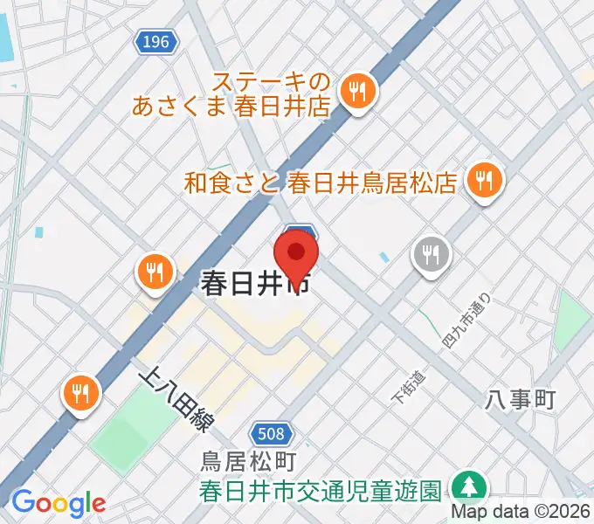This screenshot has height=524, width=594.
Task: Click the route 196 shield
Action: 157,40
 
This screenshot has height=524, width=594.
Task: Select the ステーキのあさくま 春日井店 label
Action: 233,95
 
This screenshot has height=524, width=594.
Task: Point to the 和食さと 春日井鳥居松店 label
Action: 321,183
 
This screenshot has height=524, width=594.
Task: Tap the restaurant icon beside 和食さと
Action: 482,182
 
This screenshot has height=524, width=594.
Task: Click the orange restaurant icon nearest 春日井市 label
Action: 155,271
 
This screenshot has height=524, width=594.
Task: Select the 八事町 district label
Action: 520,401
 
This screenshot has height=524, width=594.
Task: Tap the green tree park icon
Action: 469,486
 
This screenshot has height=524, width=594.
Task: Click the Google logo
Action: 59,502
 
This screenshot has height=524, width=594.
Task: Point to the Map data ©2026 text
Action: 521,512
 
